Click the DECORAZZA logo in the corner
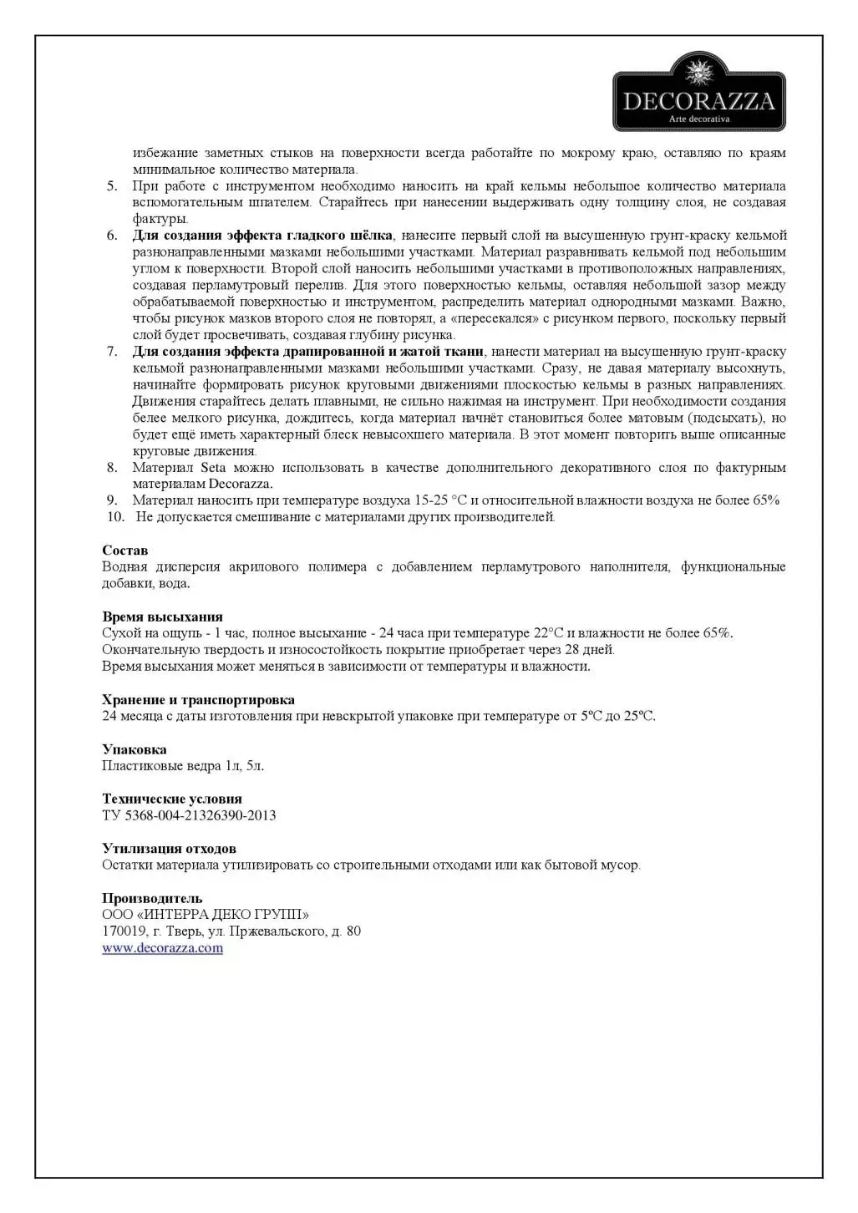698,92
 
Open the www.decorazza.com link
162,948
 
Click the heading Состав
124,551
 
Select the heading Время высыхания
162,617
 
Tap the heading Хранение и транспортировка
198,699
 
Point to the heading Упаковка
134,749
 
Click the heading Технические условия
171,799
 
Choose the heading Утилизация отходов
169,849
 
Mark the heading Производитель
152,899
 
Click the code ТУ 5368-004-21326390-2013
189,815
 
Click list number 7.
112,352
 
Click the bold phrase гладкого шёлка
341,236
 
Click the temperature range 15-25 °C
440,500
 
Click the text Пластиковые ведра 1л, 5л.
183,765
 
